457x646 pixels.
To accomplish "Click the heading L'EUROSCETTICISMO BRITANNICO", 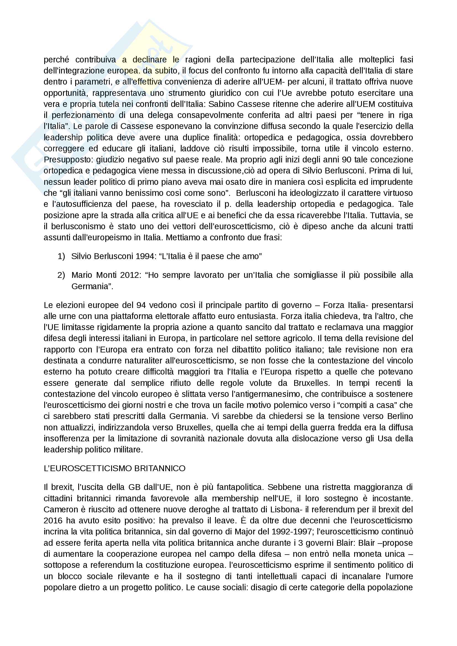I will (114, 468).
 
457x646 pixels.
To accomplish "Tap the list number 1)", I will (61, 256).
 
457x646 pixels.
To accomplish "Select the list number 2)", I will (61, 275).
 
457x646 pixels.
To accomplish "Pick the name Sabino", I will (222, 104).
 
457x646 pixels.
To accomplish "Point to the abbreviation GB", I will (134, 487).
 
